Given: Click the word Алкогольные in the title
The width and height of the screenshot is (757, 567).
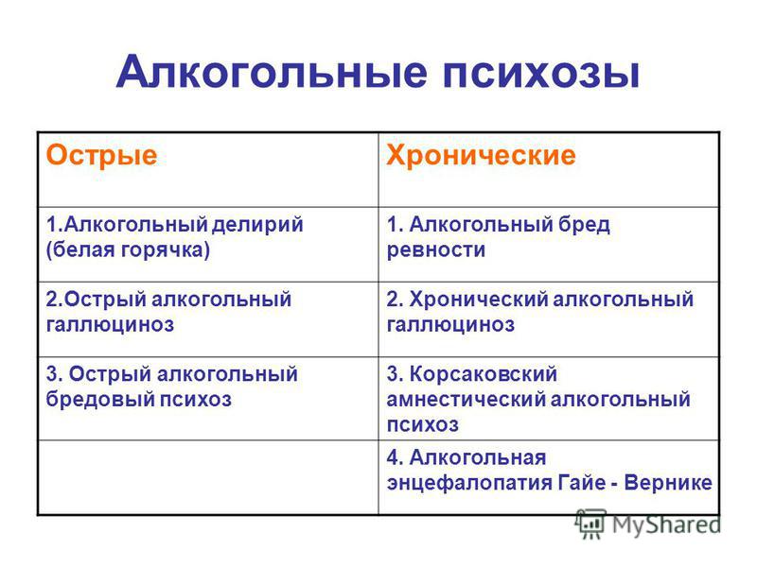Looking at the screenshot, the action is [x=272, y=73].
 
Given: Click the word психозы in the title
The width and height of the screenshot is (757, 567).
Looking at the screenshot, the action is [x=541, y=74].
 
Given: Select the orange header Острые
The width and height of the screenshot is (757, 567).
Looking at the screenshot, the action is [x=101, y=155].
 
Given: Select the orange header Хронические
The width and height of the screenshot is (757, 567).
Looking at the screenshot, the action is [x=481, y=155].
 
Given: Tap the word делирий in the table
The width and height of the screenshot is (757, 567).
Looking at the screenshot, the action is [x=257, y=225].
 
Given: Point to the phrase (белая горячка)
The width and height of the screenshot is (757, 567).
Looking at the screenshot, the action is [x=128, y=249].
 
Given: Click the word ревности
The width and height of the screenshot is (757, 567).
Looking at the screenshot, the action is [x=436, y=250].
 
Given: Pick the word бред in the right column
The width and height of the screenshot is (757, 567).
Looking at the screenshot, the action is [x=584, y=225].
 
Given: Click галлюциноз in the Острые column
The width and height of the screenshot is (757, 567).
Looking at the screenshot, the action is [x=110, y=324].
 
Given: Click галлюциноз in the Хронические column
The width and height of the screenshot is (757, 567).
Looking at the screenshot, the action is [x=450, y=324].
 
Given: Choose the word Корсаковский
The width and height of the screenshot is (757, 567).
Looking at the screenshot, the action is [x=484, y=374].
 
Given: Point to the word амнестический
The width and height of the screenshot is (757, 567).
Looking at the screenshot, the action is [x=466, y=400].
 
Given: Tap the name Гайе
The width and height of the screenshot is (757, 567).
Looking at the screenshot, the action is [x=582, y=482].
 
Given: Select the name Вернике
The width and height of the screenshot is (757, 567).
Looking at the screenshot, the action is [x=668, y=483].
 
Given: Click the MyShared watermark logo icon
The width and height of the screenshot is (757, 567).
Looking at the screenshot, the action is [x=590, y=524].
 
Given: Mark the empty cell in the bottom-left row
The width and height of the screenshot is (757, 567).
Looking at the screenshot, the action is [x=208, y=477].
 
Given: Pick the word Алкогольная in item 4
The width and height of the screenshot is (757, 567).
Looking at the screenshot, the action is [x=478, y=457].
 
